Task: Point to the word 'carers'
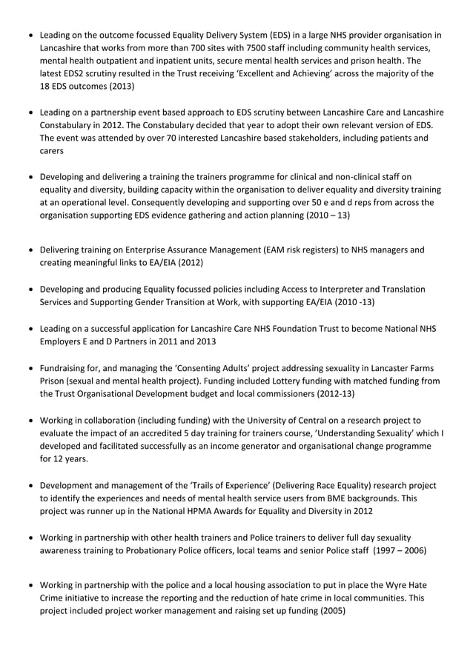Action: tap(53, 150)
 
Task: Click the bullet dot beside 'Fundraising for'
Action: tap(30, 368)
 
